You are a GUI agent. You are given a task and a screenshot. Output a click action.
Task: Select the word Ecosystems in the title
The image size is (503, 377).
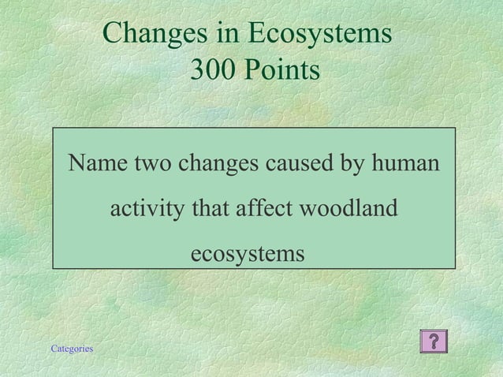click(319, 33)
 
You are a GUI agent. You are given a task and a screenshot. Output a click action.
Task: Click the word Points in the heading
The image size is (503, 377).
click(281, 70)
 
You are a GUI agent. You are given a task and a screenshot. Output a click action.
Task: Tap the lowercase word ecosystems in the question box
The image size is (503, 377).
click(248, 254)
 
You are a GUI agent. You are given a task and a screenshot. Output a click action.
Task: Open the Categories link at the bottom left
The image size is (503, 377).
click(72, 349)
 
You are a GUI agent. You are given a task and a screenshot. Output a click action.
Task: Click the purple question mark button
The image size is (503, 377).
click(434, 342)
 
